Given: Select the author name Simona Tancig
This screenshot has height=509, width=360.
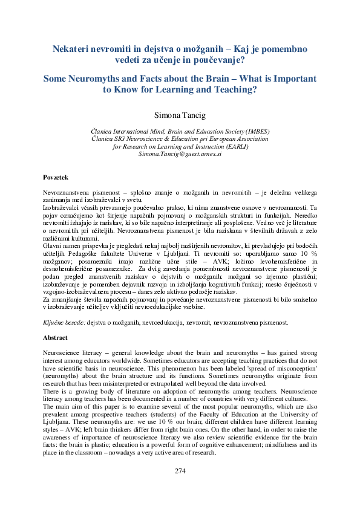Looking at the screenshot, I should coord(180,114).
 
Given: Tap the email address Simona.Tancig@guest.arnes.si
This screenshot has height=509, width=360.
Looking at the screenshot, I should coord(180,154).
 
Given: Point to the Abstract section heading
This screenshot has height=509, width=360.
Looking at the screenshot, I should coord(55,337).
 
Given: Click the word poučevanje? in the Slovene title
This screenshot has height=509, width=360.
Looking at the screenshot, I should coord(220,59).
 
